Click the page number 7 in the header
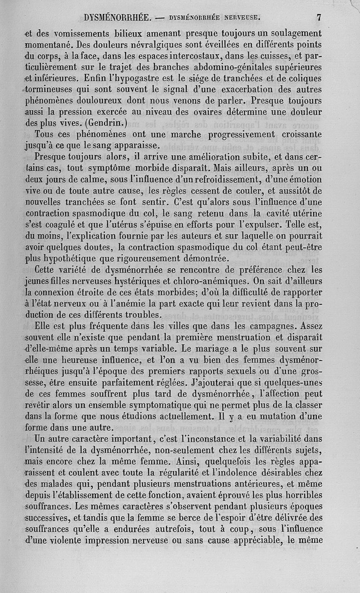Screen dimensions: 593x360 pyautogui.click(x=319, y=18)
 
